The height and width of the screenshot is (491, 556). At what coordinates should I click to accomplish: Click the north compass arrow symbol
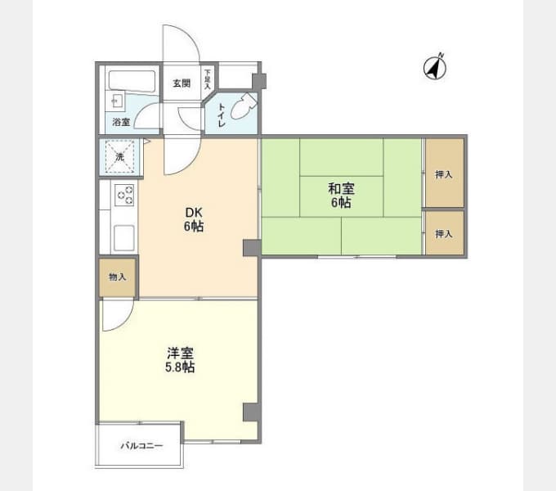[x=435, y=67]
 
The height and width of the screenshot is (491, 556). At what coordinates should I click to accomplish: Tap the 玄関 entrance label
[x=182, y=83]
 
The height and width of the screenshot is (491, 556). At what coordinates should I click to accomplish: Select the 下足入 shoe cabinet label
[x=208, y=79]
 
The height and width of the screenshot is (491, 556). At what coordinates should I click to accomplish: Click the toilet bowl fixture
[x=244, y=105]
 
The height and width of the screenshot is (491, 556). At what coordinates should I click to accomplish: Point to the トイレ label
[x=222, y=115]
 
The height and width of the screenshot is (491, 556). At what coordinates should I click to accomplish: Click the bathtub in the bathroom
[x=132, y=81]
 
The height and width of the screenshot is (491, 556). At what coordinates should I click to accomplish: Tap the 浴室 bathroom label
[x=121, y=122]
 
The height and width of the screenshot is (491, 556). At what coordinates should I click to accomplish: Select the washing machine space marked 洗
[x=120, y=156]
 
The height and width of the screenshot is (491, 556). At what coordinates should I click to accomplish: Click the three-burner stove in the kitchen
[x=124, y=195]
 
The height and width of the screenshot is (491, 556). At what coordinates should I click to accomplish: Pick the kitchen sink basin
[x=124, y=237]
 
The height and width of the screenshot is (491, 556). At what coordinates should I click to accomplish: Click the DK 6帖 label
[x=194, y=219]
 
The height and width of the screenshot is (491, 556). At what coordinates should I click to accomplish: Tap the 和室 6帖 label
[x=341, y=195]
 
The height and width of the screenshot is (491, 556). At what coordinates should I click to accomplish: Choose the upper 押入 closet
[x=445, y=173]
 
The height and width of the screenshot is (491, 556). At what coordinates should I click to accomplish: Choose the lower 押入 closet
[x=445, y=233]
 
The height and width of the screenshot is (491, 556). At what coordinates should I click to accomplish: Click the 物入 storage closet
[x=118, y=277]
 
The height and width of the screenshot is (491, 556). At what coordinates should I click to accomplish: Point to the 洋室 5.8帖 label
[x=180, y=360]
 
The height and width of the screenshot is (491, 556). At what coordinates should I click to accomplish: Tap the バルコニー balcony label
[x=141, y=446]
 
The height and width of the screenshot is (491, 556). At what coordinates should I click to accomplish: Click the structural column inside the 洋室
[x=251, y=412]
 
